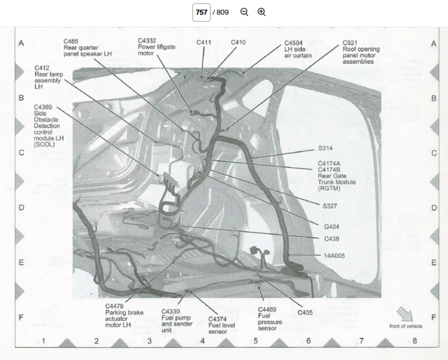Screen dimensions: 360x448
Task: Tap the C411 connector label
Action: [x=204, y=43]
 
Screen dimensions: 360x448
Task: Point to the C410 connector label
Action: [x=238, y=43]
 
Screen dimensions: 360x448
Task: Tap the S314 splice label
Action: [x=325, y=148]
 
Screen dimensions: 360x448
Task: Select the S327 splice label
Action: [x=330, y=206]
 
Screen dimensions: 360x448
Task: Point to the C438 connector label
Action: [x=332, y=239]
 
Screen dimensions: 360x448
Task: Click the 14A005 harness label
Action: [x=334, y=256]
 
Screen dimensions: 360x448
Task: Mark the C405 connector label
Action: [x=305, y=312]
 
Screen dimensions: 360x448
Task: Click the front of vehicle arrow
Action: [x=405, y=313]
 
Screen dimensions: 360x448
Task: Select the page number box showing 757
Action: [x=202, y=12]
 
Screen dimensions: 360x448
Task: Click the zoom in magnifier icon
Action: [x=262, y=12]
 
